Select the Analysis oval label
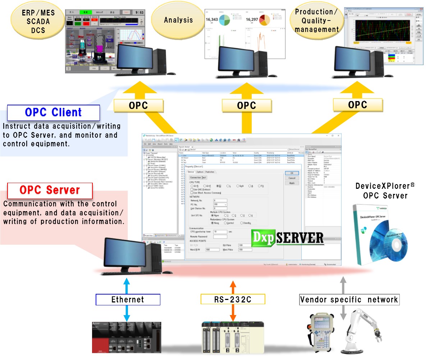click(178, 20)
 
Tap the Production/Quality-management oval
click(317, 21)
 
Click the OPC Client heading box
click(53, 113)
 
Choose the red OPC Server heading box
click(50, 190)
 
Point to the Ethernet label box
click(128, 300)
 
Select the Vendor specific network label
click(349, 300)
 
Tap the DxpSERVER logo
click(287, 238)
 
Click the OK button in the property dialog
click(292, 173)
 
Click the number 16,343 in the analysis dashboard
click(211, 19)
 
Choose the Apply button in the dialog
click(292, 183)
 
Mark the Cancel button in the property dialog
click(292, 178)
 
